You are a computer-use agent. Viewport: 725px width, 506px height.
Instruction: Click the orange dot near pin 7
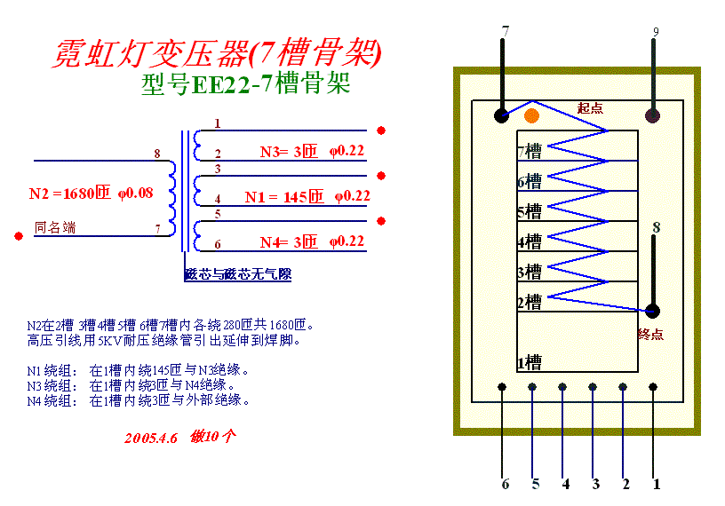coord(531,115)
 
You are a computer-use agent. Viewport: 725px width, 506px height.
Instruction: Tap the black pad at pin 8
coord(653,311)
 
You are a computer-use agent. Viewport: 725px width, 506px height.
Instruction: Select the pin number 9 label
coord(656,33)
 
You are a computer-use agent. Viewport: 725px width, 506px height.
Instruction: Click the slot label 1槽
coord(530,362)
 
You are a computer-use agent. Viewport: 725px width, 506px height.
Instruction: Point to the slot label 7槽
coord(530,152)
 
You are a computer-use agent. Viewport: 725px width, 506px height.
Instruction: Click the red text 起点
coord(590,108)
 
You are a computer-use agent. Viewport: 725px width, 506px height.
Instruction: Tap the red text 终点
coord(650,335)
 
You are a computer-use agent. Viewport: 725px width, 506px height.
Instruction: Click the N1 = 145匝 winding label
coord(283,197)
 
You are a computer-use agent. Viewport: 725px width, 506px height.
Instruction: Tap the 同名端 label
coord(55,228)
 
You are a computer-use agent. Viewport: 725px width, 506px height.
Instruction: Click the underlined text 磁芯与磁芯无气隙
coord(237,274)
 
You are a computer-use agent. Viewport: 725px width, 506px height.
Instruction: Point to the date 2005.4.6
coord(151,438)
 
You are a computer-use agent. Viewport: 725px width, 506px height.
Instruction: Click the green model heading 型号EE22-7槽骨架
coord(245,85)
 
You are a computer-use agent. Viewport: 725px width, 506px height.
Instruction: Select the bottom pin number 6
coord(506,484)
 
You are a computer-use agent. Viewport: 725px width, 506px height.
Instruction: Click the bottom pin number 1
coord(657,484)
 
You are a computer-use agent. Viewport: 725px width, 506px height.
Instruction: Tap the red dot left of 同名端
coord(19,236)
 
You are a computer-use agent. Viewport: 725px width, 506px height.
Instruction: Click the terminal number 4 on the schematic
coord(218,199)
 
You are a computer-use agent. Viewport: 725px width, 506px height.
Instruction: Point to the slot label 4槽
coord(530,241)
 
